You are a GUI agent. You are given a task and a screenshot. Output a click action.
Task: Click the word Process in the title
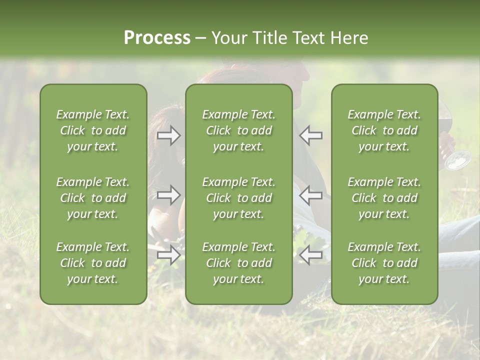pos(157,38)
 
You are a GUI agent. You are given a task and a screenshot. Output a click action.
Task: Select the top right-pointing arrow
pos(168,135)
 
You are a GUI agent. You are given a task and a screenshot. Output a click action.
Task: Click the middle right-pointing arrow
pos(168,195)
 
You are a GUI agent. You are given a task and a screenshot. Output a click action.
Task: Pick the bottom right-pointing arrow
pos(168,255)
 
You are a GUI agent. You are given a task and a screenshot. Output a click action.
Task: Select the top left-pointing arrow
pos(311,135)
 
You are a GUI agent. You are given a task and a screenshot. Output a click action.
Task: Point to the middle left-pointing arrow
pos(311,195)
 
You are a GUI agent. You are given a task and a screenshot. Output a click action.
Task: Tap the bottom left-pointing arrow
pos(311,255)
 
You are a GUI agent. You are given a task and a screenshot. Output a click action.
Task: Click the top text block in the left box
pos(93,130)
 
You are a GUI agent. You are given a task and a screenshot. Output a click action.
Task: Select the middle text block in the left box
pos(93,198)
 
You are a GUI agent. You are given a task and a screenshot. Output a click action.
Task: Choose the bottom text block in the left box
pos(93,263)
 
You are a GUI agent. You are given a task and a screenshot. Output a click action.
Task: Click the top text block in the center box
pos(238,130)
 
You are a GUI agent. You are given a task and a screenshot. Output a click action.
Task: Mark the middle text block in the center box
pos(238,198)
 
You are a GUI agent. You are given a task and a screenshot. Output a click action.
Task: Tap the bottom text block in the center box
pos(238,263)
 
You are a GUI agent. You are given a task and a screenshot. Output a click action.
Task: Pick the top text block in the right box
pos(384,130)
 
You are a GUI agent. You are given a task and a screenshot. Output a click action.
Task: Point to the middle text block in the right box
pos(384,198)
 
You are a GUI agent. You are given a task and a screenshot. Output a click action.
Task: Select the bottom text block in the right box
pos(384,263)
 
